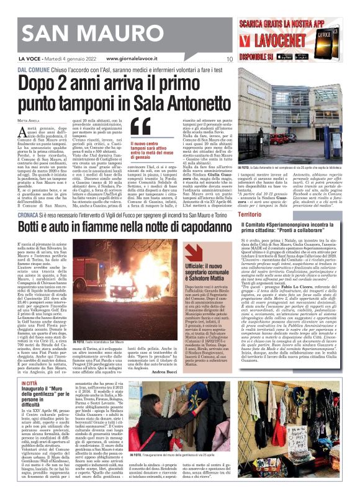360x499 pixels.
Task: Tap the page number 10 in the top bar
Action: click(x=230, y=59)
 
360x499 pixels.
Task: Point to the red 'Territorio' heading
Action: click(x=250, y=214)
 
